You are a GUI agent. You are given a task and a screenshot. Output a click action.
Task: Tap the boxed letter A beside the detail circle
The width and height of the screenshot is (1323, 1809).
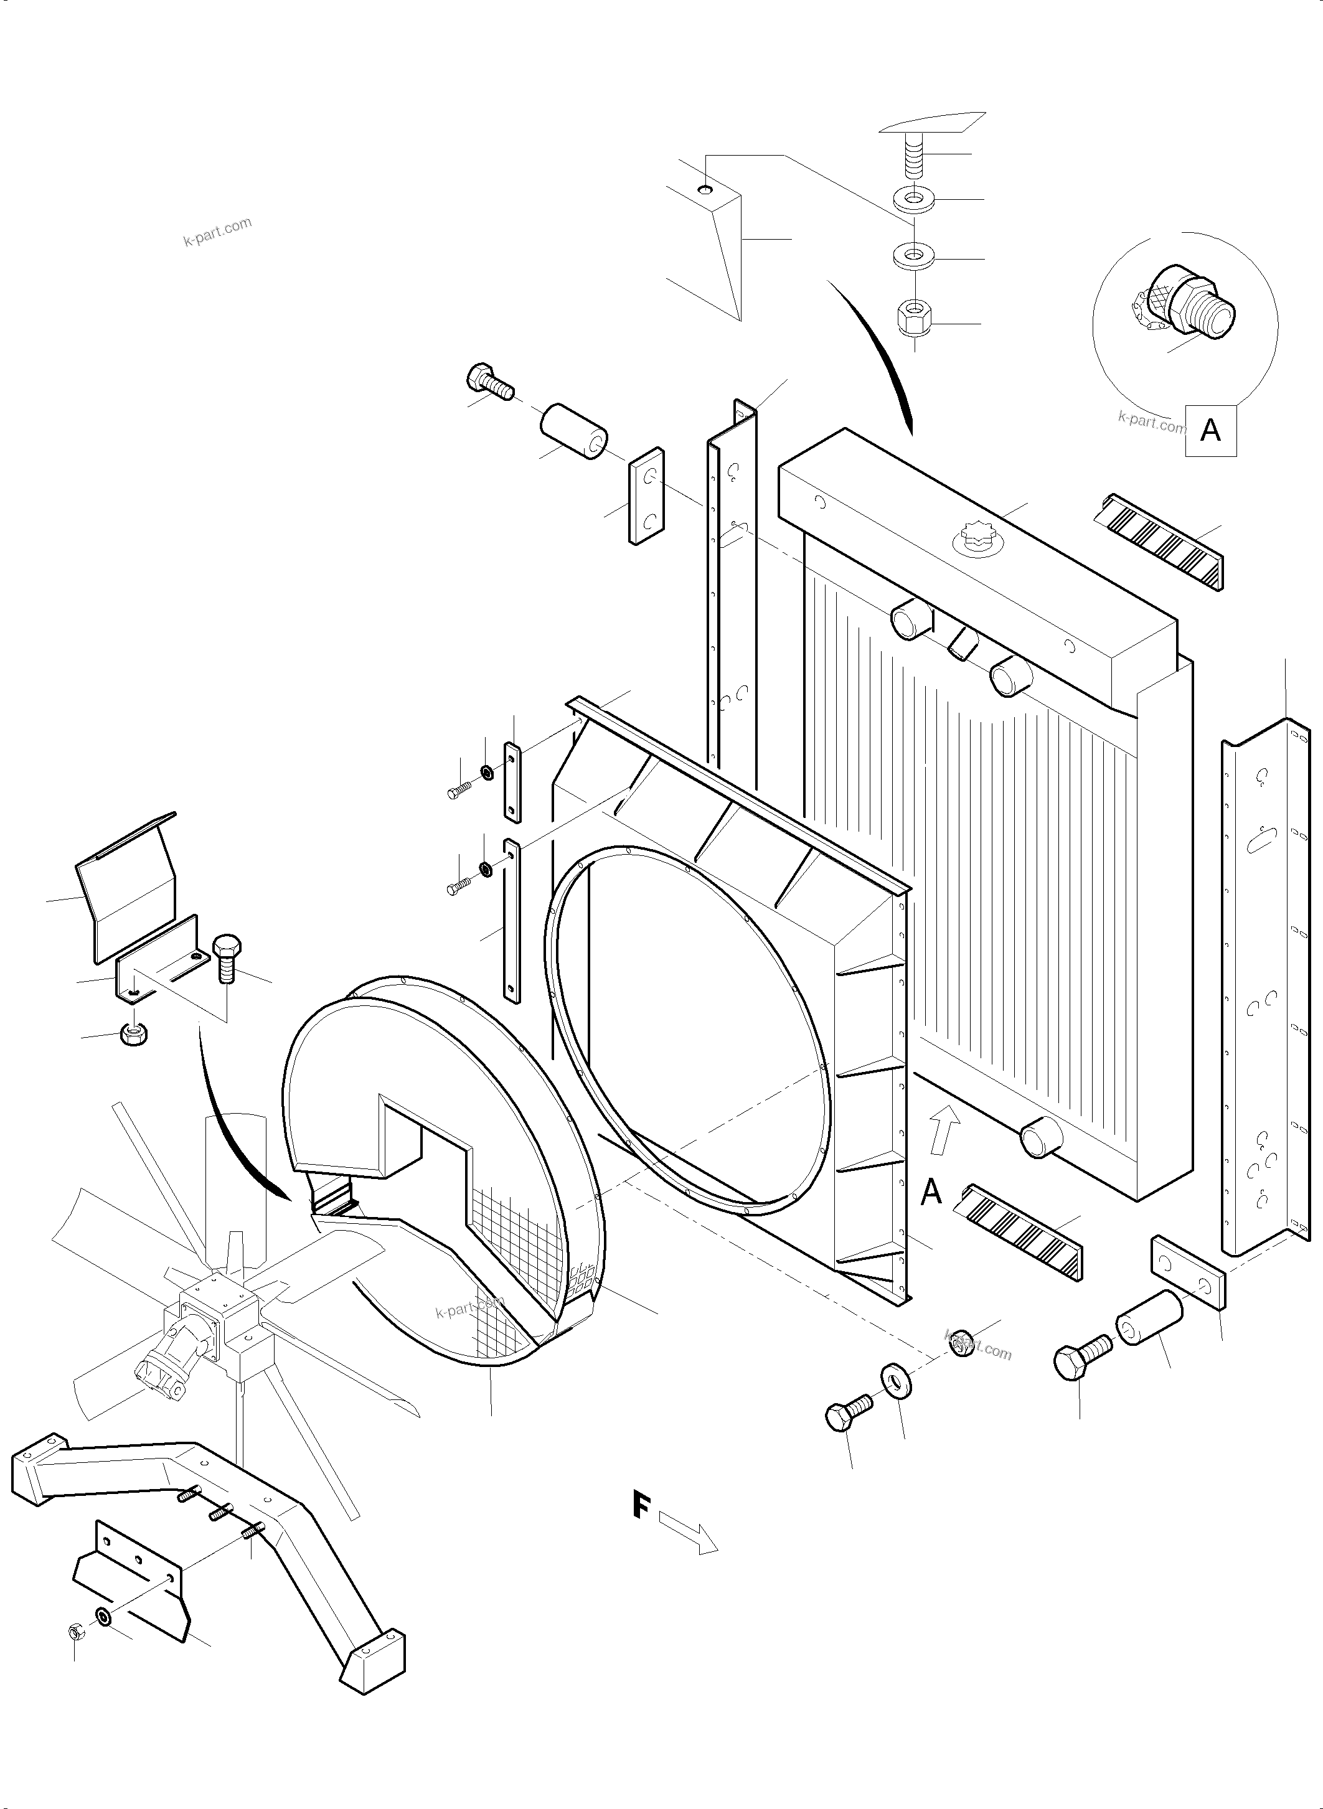[x=1210, y=431]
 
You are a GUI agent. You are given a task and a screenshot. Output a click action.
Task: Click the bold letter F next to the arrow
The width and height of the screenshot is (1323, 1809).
[x=640, y=1504]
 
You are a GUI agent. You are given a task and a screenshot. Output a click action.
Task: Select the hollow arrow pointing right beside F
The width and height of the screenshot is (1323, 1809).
[x=687, y=1532]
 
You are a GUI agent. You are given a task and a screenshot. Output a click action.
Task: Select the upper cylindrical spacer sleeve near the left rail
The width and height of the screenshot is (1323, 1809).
[x=573, y=431]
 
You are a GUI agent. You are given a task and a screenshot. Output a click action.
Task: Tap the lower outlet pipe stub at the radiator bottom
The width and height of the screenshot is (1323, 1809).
[x=1041, y=1135]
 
